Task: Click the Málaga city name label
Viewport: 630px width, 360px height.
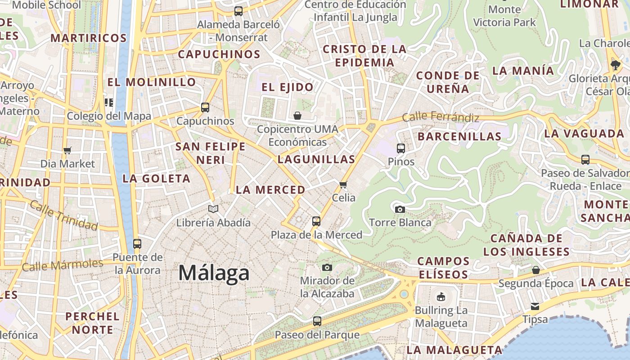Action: point(214,273)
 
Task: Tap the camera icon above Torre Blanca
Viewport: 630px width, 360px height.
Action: point(400,209)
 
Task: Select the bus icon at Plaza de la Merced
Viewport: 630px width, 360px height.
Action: point(316,221)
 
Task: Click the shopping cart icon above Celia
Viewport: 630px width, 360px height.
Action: point(343,184)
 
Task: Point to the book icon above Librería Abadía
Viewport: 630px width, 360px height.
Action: point(213,209)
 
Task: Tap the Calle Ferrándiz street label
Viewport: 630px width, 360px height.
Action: point(441,117)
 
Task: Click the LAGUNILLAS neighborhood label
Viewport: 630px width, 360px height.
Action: point(316,159)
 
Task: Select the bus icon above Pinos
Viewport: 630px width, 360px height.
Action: point(400,148)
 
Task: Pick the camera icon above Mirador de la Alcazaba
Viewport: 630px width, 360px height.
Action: point(327,267)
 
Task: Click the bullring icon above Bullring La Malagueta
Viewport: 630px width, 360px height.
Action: point(441,297)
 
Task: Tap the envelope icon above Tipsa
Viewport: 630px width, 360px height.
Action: point(535,306)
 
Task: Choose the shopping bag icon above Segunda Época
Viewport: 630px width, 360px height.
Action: point(535,270)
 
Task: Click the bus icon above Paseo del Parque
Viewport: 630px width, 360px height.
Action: point(317,321)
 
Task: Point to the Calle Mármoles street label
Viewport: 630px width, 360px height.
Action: point(62,265)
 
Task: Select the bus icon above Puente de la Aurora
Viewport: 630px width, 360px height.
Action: point(137,244)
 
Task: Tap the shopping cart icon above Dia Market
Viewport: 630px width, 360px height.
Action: point(67,150)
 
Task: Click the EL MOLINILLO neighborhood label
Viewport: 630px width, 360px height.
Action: point(151,82)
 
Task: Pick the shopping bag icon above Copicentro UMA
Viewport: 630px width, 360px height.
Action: point(297,116)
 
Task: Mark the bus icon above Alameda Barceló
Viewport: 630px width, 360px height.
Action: point(238,11)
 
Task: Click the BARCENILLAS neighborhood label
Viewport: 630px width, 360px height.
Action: point(459,136)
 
